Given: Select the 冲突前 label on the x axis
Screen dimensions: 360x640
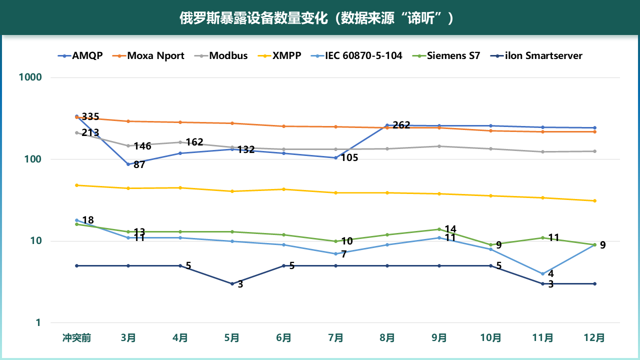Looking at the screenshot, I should pos(77,337).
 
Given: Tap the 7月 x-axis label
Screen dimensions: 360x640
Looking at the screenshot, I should pos(336,337).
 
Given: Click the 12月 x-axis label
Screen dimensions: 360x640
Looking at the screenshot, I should pos(594,337).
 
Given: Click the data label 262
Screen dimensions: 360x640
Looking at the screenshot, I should pos(401,125).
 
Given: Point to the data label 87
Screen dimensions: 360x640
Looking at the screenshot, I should pos(139,164).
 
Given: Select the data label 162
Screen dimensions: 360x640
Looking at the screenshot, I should pos(194,142).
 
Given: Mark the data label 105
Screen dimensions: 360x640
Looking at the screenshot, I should pos(350,158).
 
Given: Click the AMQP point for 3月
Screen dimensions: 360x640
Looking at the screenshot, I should pos(128,164).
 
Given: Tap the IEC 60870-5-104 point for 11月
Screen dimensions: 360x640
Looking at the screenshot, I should pos(542,273).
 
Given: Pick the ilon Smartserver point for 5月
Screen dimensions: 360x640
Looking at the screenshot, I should pos(232,283).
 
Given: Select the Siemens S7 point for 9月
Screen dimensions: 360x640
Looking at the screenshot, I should pos(439,229).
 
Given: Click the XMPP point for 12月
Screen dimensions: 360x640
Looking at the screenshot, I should pos(594,200).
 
